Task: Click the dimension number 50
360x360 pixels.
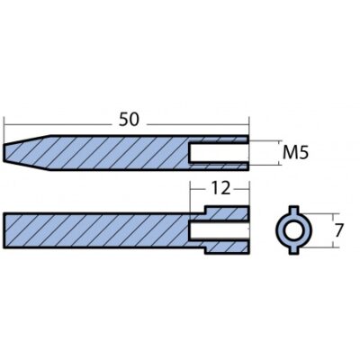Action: [130, 120]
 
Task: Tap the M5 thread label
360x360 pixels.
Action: [295, 153]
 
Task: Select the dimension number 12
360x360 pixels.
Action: [220, 188]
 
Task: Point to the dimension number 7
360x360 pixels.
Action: [338, 230]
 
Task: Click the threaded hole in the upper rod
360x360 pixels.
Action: [219, 153]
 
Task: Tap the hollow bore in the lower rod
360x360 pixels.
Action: [220, 230]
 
